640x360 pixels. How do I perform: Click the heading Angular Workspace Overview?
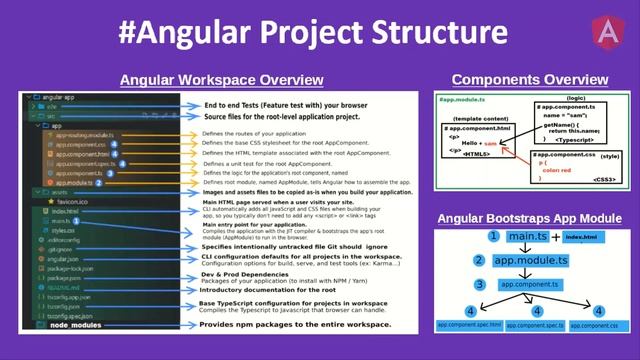coord(221,80)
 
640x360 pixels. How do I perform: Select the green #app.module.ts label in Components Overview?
coord(465,101)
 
